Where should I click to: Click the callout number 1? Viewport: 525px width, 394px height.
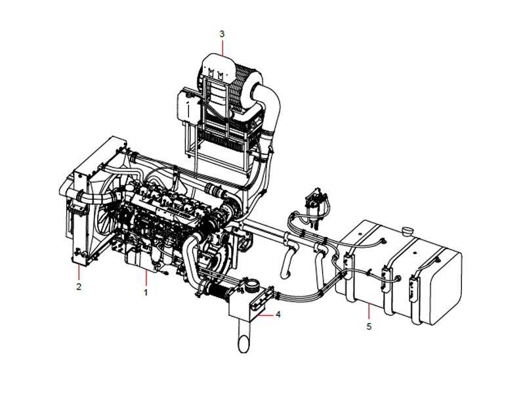click(x=146, y=290)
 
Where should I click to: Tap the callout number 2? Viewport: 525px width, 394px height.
click(x=78, y=286)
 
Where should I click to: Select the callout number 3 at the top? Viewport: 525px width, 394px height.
click(x=222, y=33)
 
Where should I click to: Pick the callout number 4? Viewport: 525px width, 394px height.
click(x=278, y=315)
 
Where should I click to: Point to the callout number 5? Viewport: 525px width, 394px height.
click(x=368, y=326)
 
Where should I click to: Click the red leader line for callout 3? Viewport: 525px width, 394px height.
click(x=222, y=46)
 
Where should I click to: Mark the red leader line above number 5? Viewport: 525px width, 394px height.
click(x=368, y=313)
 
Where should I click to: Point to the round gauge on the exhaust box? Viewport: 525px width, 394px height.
click(x=250, y=285)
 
